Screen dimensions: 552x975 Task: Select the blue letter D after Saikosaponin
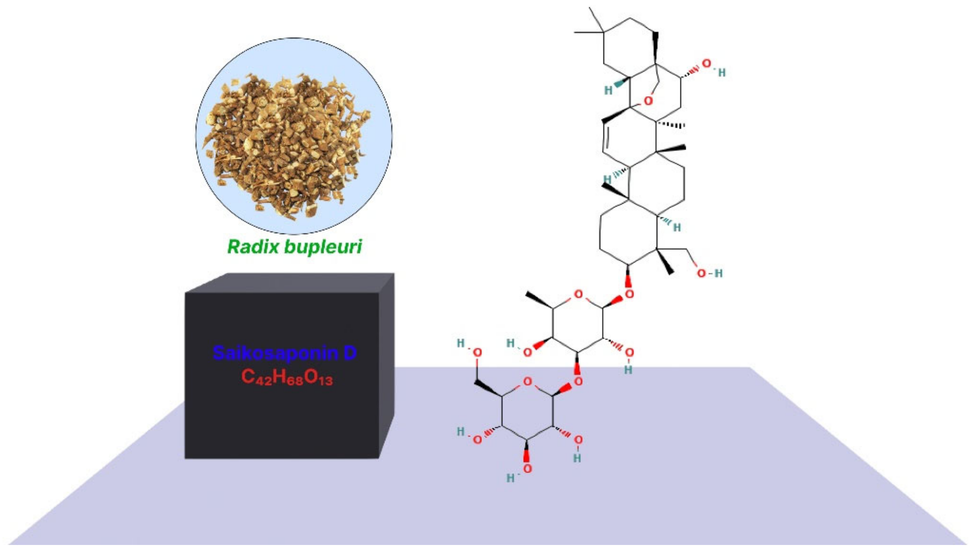click(x=350, y=353)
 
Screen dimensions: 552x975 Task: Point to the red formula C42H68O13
click(x=287, y=377)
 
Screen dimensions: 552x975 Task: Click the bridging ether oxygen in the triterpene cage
click(x=649, y=101)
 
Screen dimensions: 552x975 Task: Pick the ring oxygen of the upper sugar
click(x=578, y=294)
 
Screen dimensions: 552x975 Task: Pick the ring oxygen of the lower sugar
click(x=528, y=381)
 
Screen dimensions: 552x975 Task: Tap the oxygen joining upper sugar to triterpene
click(x=629, y=294)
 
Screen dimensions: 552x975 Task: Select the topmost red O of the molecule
click(x=706, y=64)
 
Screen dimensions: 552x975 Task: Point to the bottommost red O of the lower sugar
click(x=528, y=469)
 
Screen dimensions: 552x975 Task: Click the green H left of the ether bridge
click(x=608, y=90)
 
